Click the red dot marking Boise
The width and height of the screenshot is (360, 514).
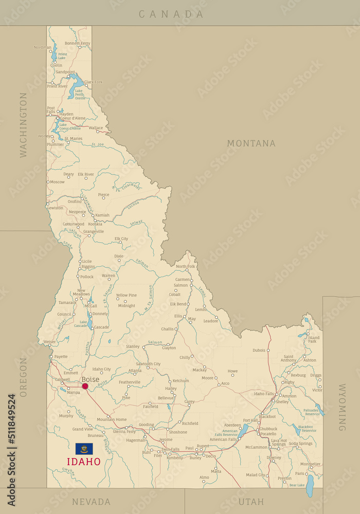85,386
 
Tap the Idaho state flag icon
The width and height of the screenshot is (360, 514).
84,449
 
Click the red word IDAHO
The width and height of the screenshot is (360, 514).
83,462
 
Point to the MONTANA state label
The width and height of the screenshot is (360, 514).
251,143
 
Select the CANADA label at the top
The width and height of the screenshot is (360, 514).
171,14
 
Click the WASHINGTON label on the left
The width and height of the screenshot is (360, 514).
23,125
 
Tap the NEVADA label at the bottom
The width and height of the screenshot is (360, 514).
91,502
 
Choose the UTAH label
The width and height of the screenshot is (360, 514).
251,502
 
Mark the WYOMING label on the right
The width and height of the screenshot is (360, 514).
341,407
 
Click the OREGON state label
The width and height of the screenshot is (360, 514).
23,377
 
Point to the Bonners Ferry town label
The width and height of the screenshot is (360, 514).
77,43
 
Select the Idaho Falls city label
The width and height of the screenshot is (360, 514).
264,394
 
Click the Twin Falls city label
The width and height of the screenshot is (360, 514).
170,449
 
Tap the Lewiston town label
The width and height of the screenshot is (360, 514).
56,208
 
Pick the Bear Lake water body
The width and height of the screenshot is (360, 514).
310,486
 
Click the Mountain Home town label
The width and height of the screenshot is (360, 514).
112,419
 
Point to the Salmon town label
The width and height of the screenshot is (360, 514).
181,285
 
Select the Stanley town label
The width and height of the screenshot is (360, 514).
133,346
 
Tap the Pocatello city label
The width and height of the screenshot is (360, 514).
267,434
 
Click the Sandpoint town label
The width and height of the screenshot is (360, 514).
65,72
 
